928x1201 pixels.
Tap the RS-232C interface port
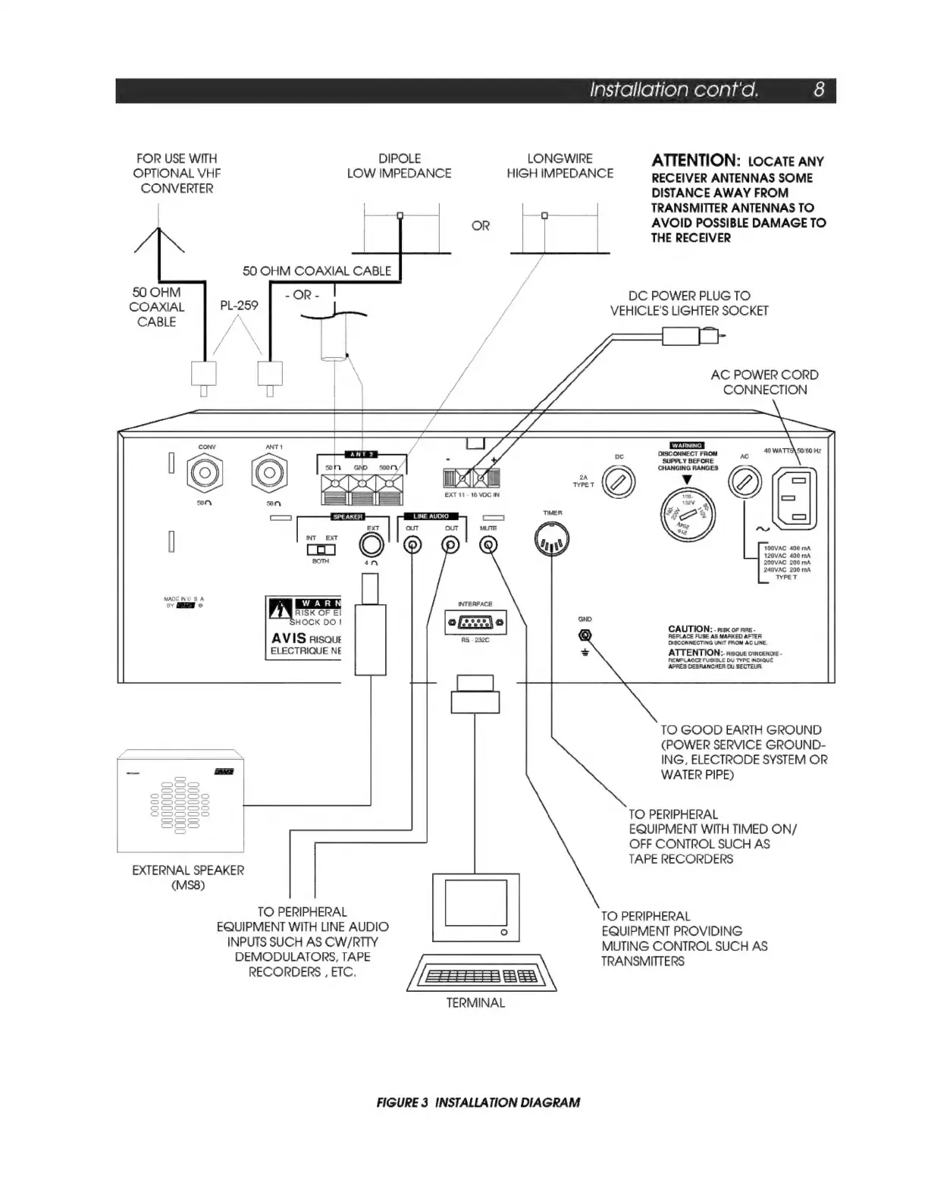pos(475,623)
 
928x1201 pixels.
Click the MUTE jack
pos(490,545)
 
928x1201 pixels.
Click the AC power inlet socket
pos(794,497)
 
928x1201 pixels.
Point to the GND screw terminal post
pos(585,635)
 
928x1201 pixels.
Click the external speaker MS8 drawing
pos(180,802)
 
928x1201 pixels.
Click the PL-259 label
pos(239,306)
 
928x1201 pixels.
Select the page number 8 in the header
pos(819,90)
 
